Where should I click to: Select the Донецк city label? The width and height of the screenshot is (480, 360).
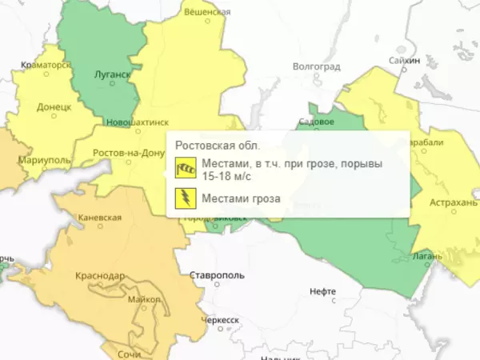(56, 106)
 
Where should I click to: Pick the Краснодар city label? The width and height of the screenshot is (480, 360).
(100, 276)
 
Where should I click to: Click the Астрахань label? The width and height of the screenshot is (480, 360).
(453, 203)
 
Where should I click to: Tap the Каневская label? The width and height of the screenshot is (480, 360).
(100, 218)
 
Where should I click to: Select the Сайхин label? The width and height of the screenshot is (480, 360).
(404, 60)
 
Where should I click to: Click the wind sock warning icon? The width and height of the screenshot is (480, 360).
(186, 169)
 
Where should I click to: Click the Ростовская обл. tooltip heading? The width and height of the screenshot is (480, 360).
(217, 146)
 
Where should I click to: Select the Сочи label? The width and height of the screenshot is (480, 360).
(128, 353)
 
